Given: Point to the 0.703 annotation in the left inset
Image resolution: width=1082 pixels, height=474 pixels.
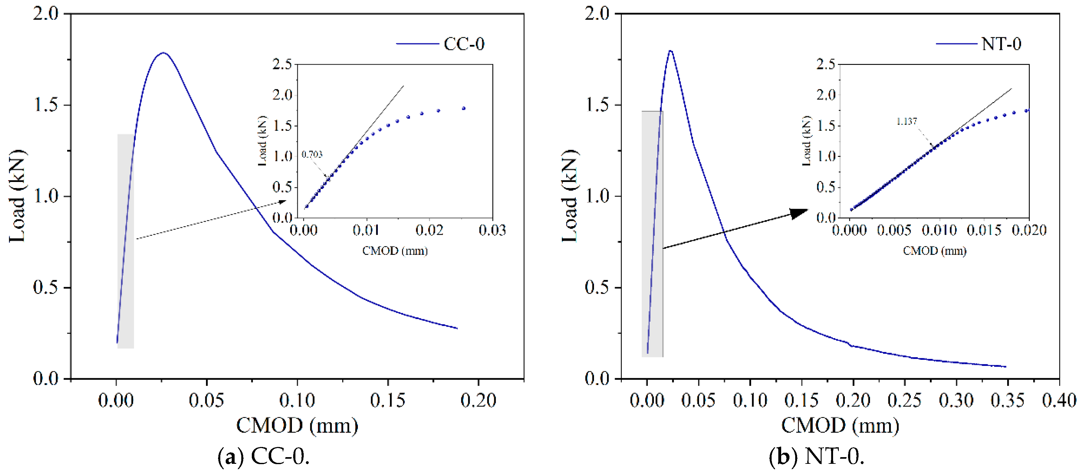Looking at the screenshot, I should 312,155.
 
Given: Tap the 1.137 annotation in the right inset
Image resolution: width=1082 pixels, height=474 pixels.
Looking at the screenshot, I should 906,121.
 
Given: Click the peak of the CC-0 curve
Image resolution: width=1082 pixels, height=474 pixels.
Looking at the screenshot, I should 163,53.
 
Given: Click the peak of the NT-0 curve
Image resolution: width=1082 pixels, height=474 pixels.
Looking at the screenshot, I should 670,51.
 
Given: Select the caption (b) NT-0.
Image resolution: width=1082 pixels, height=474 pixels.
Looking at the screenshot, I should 816,457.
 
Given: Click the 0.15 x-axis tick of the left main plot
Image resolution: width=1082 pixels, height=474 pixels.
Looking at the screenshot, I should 387,401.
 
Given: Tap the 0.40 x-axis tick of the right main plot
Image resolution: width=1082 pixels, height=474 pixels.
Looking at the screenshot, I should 1059,401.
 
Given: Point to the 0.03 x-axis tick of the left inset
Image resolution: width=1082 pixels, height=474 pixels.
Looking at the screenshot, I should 492,230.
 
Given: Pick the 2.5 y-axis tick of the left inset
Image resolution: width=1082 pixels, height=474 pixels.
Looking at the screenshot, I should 282,64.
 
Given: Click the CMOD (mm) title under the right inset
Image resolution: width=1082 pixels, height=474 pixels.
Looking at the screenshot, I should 935,251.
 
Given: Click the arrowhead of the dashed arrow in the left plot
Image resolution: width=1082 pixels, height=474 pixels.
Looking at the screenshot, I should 283,201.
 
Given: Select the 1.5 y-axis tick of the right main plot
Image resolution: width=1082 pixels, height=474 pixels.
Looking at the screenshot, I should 597,105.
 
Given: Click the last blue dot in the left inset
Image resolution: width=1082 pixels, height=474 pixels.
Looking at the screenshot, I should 464,108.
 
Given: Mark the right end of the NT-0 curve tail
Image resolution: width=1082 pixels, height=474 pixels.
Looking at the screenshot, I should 1006,366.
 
